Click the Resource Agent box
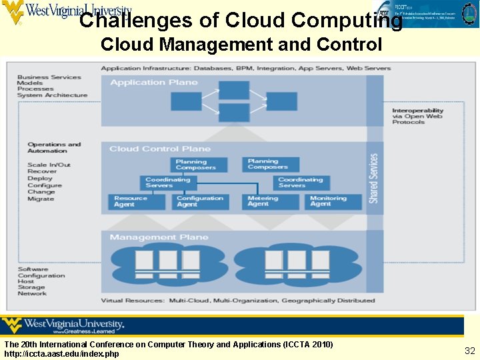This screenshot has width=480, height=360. [136, 201]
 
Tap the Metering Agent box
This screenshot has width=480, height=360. [270, 201]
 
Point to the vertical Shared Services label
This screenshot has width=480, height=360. [374, 178]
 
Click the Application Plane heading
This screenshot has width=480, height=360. [154, 83]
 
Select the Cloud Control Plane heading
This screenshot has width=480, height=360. [160, 149]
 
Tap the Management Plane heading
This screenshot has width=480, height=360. [159, 237]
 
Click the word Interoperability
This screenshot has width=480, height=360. [417, 111]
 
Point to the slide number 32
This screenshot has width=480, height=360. [469, 351]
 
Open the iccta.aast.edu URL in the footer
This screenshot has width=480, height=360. [62, 353]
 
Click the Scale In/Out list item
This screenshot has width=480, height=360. [49, 165]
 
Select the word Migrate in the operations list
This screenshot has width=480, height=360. [41, 199]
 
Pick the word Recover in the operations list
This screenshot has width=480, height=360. [42, 171]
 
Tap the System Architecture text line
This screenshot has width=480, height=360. [52, 95]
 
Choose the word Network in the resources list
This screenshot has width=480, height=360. [32, 294]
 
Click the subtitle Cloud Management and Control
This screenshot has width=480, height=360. [241, 45]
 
